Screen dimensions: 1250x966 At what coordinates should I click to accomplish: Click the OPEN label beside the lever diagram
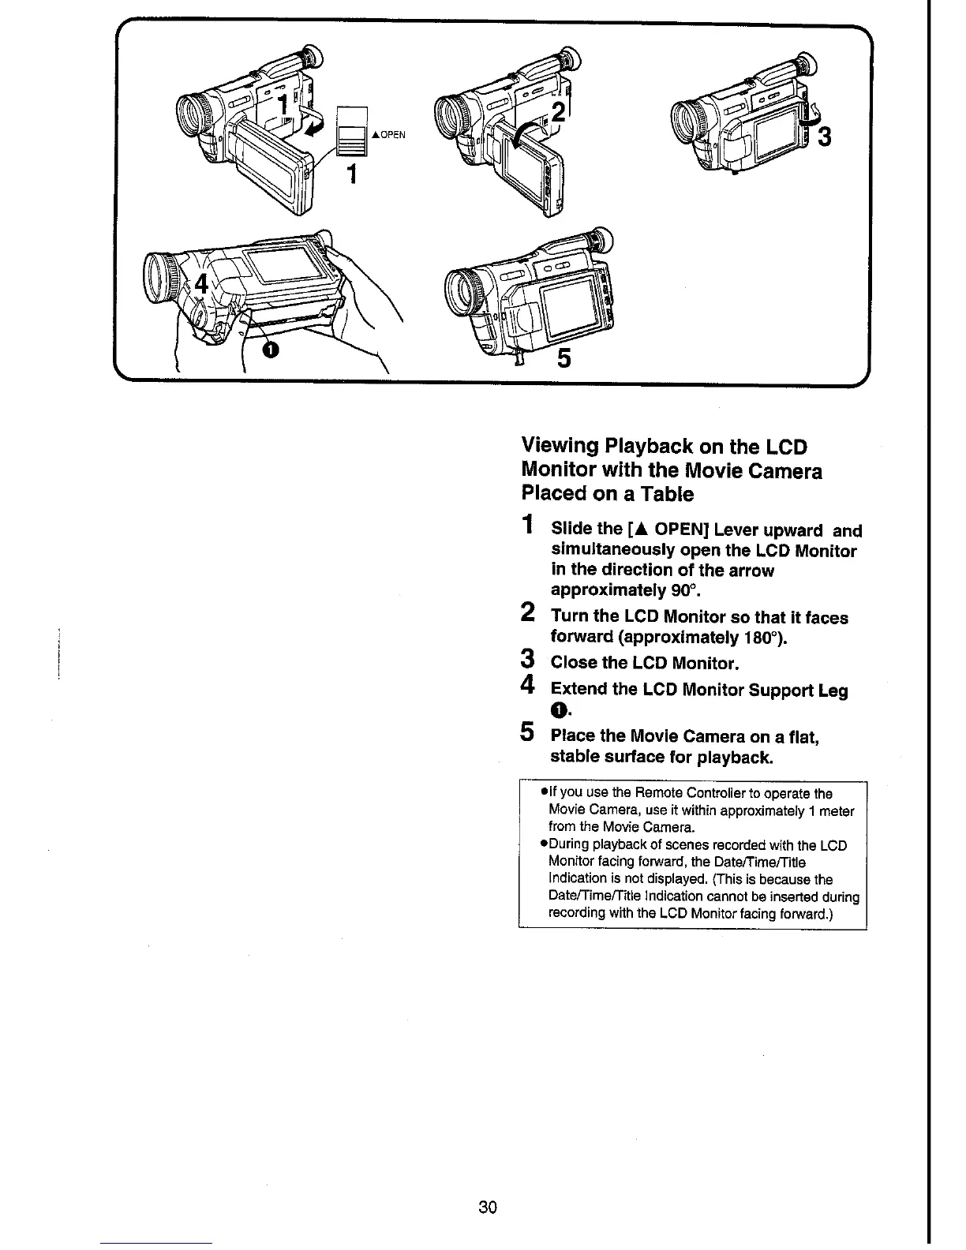click(390, 135)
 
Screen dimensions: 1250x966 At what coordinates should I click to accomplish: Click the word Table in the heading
click(668, 495)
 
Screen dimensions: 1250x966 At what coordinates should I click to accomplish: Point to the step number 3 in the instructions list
click(529, 658)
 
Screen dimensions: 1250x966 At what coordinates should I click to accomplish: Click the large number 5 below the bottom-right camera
click(564, 359)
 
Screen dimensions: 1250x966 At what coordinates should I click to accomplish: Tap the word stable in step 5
click(576, 758)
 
